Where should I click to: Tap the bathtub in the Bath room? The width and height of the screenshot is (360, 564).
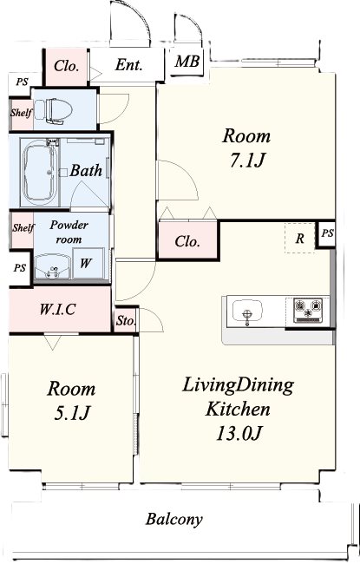coord(39,173)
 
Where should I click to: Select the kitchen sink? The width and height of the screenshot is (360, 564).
coord(247,311)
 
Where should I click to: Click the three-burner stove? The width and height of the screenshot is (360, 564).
coord(308,311)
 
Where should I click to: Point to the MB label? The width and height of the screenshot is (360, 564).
coord(187,62)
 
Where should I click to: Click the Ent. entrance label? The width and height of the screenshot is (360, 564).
coord(128,65)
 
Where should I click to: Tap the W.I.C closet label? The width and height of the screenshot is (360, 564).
coord(57,309)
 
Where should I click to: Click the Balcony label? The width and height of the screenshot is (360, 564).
coord(174,519)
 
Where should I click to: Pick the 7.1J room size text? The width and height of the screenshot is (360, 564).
coord(247,160)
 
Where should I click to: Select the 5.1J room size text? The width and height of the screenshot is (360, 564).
coord(71,413)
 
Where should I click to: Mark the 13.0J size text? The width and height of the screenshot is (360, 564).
coord(238,433)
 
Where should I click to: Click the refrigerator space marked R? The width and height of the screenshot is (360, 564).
coord(300,238)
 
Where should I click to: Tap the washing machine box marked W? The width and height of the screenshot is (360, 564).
coord(86,263)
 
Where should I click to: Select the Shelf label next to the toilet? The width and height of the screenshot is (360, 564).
coord(21,113)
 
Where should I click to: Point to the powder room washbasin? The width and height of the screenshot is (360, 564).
coord(53,266)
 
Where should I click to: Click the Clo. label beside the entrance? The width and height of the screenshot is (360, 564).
coord(66,66)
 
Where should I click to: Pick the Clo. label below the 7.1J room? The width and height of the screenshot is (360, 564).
coord(187,241)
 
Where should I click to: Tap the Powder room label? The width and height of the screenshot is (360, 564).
coord(69,232)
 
